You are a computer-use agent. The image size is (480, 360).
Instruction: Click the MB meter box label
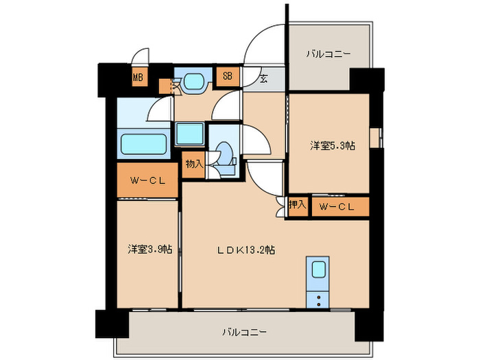pyautogui.click(x=138, y=77)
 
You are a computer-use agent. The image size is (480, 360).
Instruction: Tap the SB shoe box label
pyautogui.click(x=228, y=75)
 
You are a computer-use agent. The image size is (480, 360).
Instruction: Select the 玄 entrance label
pyautogui.click(x=263, y=79)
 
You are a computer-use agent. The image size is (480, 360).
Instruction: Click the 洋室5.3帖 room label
pyautogui.click(x=333, y=145)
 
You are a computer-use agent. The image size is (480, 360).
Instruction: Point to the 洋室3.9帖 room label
pyautogui.click(x=150, y=249)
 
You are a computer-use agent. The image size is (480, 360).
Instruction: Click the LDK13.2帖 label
pyautogui.click(x=245, y=250)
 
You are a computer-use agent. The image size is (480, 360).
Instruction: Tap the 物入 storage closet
pyautogui.click(x=194, y=165)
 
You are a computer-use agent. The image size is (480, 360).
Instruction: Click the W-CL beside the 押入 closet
pyautogui.click(x=340, y=206)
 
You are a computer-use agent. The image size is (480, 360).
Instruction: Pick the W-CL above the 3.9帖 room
pyautogui.click(x=147, y=180)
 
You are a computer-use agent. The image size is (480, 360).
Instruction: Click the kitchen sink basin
pyautogui.click(x=318, y=269)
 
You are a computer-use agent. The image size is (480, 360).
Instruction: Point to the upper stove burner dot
pyautogui.click(x=319, y=297)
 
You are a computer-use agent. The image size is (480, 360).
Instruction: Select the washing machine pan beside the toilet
pyautogui.click(x=190, y=134)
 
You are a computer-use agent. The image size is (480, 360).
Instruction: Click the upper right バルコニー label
pyautogui.click(x=328, y=54)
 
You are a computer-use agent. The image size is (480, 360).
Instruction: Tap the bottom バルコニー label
pyautogui.click(x=244, y=332)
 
